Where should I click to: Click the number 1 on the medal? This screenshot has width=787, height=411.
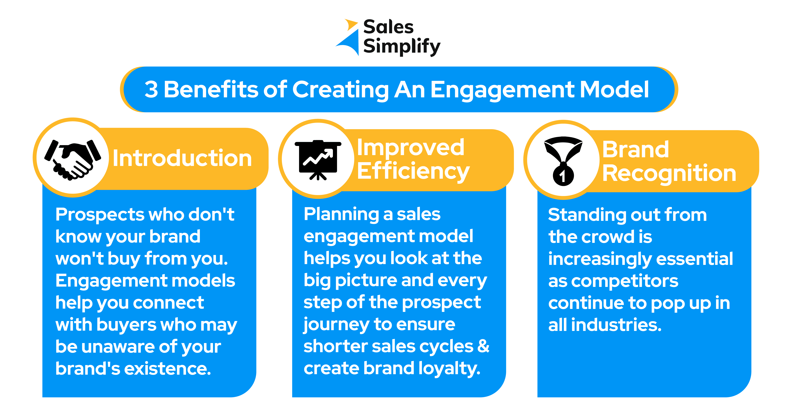pyautogui.click(x=562, y=176)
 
